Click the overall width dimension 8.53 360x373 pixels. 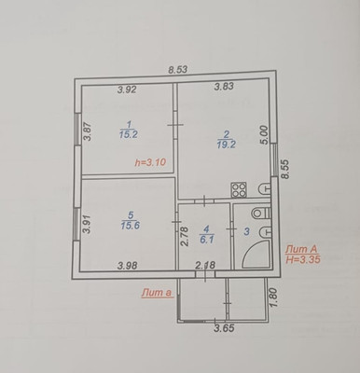point(178,70)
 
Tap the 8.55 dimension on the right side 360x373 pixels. point(284,169)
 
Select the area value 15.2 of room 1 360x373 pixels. point(129,134)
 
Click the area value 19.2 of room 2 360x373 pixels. point(227,145)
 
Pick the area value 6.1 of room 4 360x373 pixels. point(207,240)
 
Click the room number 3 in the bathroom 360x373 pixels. point(247,231)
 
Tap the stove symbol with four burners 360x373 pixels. point(239,189)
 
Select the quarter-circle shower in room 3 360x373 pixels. point(256,254)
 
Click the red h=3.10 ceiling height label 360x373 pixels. point(151,162)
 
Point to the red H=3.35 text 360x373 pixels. point(303,259)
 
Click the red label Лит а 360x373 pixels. point(158,293)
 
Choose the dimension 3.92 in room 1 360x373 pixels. point(127,90)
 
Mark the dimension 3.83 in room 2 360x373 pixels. point(224,86)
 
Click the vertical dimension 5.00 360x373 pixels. point(264,135)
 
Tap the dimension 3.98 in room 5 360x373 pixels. point(128,266)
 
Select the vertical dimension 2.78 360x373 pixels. point(185,237)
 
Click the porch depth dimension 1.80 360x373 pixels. point(272,297)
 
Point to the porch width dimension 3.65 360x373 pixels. point(224,328)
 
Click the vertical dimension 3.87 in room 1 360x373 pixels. point(88,131)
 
